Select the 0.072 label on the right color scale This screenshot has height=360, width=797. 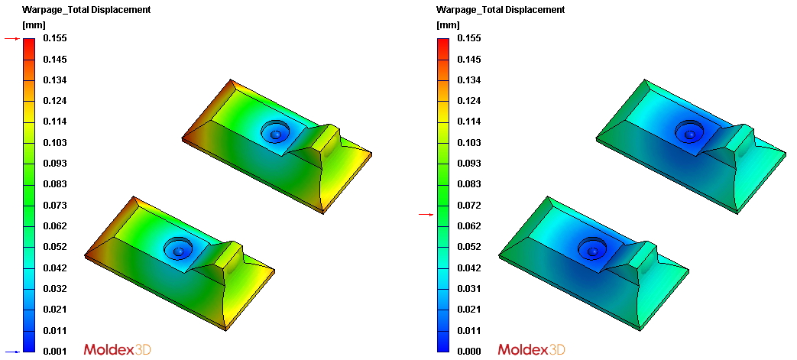click(x=469, y=206)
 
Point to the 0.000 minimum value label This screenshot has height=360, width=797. click(x=469, y=352)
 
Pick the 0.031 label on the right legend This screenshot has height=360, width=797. click(x=469, y=289)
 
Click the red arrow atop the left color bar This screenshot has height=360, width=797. click(x=11, y=38)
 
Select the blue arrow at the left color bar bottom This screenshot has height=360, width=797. click(x=11, y=352)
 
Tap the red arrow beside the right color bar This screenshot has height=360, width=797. click(x=426, y=216)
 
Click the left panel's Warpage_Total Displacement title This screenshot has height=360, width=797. click(x=86, y=10)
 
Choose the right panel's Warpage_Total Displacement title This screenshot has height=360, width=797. click(x=500, y=10)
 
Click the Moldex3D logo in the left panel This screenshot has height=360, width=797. click(x=117, y=349)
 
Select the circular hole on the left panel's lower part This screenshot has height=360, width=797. click(x=179, y=249)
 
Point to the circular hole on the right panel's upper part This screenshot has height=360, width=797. click(x=689, y=134)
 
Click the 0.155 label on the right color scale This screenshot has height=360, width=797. click(x=469, y=38)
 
